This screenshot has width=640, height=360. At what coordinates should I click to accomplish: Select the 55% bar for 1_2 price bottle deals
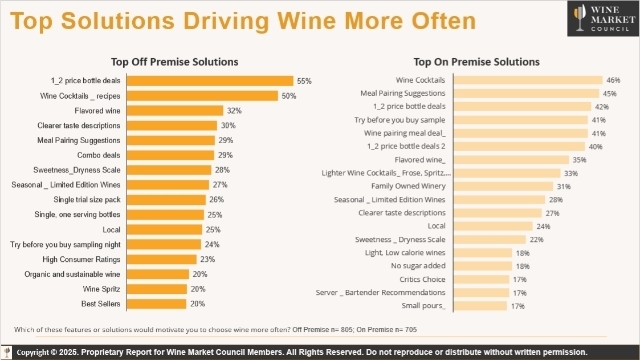click(211, 80)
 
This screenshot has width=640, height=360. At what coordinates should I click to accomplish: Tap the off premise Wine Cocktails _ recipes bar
click(204, 96)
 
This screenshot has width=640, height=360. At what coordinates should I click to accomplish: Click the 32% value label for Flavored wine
click(233, 111)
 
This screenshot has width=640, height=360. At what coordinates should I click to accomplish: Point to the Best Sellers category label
click(103, 302)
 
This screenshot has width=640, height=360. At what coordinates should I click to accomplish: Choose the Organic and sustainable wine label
click(79, 272)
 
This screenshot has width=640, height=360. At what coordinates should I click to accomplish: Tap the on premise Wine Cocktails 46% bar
click(527, 79)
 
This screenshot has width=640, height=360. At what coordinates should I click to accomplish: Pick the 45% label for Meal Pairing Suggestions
click(609, 93)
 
